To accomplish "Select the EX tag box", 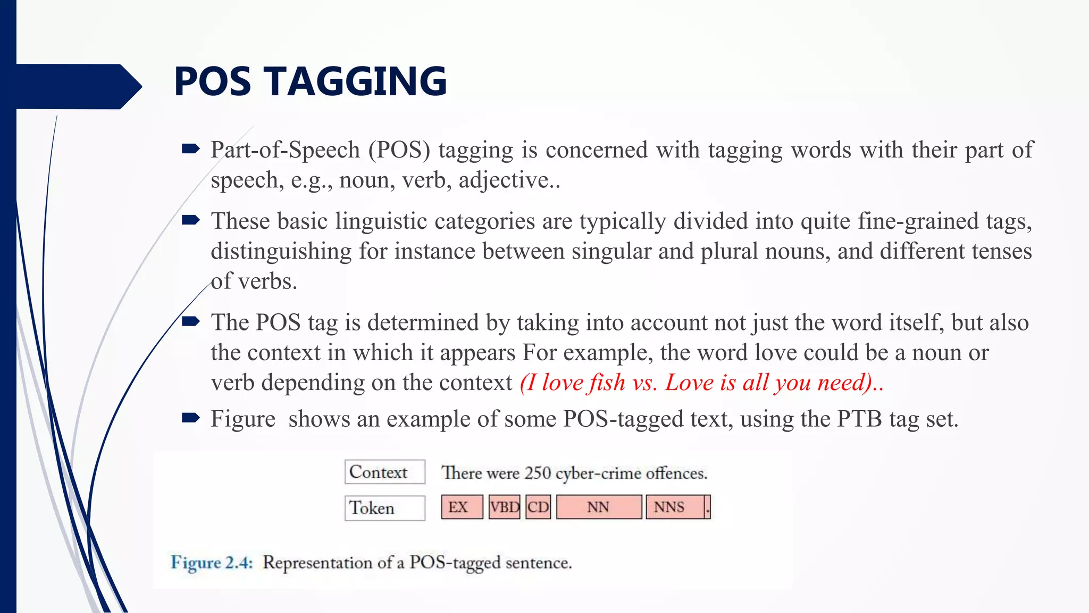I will (462, 507).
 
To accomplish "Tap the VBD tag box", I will (504, 507).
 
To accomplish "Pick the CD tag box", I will (538, 507).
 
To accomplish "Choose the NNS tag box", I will (674, 507).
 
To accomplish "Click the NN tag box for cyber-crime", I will (599, 507).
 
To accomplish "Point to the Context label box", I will (384, 472).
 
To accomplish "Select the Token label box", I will (384, 508).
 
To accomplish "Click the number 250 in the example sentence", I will (537, 473).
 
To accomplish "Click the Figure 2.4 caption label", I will (212, 562).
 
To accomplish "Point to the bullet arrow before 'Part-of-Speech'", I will (190, 149).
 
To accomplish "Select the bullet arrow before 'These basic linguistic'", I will (190, 220).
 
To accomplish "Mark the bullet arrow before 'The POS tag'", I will (190, 321).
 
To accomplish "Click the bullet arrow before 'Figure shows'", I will (190, 418).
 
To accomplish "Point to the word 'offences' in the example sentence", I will (676, 473).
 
